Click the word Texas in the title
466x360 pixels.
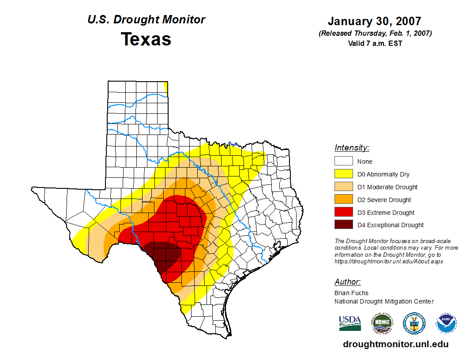[146, 39]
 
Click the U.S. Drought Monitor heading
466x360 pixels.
[146, 20]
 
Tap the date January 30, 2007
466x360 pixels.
[374, 21]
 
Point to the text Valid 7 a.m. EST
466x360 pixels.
[375, 43]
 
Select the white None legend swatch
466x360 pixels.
[343, 161]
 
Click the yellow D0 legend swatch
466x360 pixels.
[343, 174]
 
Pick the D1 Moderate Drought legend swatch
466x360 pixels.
[343, 187]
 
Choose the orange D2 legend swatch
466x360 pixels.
[343, 200]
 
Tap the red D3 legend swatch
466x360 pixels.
[343, 213]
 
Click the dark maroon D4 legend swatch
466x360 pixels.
[343, 225]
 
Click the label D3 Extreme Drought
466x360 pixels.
[386, 213]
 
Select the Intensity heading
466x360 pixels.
[352, 148]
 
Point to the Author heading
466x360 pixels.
[347, 282]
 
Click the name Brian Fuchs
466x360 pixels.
[351, 293]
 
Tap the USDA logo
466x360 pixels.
[350, 323]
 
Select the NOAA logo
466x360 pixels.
[446, 323]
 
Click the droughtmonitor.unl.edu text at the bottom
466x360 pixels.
[395, 345]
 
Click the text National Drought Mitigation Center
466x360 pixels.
[384, 301]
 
